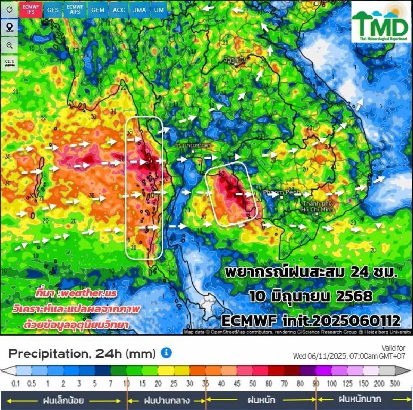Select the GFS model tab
point(53,9)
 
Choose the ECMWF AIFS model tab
point(75,9)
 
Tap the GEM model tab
point(98,9)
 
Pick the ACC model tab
point(118,9)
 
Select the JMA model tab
point(139,9)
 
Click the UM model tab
point(159,9)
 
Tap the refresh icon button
point(9,9)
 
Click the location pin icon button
point(9,28)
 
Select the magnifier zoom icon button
point(9,45)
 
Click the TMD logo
point(381,23)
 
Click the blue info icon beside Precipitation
point(166,353)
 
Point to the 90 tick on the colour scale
point(316,383)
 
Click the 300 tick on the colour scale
point(395,383)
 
